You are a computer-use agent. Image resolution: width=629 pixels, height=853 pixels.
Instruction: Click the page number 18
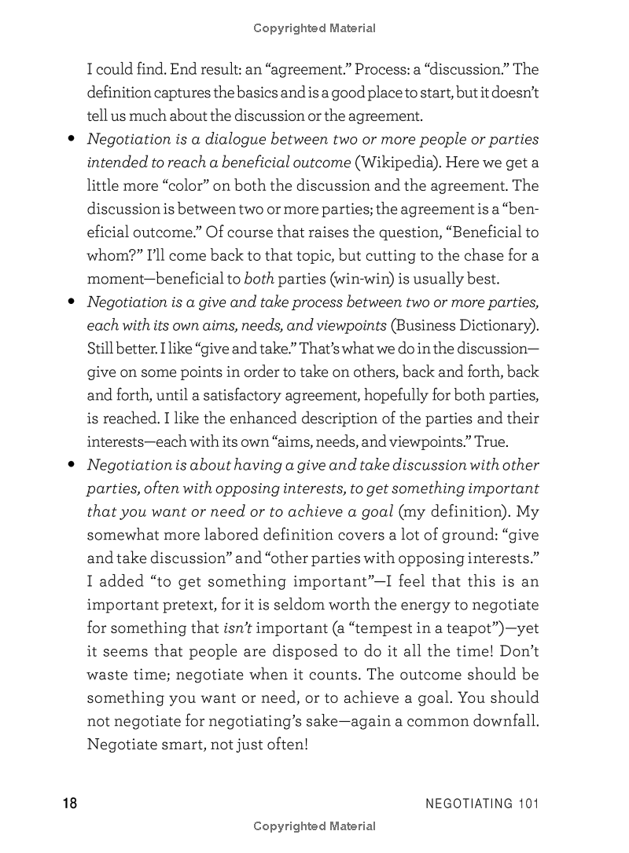tap(69, 803)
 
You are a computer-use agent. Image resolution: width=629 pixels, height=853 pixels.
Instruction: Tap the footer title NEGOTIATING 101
tap(482, 803)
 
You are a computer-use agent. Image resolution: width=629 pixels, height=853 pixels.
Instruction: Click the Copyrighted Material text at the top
tap(314, 28)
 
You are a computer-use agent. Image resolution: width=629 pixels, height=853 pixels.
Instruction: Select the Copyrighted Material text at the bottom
tap(314, 826)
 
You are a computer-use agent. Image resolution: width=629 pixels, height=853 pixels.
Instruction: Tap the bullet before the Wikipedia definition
tap(71, 140)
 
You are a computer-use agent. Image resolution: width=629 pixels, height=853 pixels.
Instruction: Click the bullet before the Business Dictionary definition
tap(71, 302)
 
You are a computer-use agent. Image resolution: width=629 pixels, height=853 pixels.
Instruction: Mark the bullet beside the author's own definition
tap(71, 466)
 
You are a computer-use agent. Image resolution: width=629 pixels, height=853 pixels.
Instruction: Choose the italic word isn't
tap(237, 628)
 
